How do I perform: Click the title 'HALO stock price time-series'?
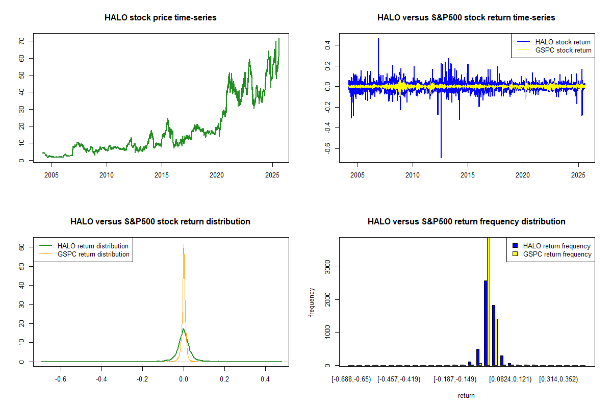[x=160, y=18]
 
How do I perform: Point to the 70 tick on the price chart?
[x=30, y=41]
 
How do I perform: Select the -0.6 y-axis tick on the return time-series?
[x=328, y=148]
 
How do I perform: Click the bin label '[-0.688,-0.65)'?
[x=349, y=379]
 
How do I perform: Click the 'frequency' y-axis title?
[x=312, y=302]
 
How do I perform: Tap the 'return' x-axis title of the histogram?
[x=466, y=395]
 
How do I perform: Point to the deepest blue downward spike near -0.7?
[x=441, y=156]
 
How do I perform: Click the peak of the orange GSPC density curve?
[x=184, y=245]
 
